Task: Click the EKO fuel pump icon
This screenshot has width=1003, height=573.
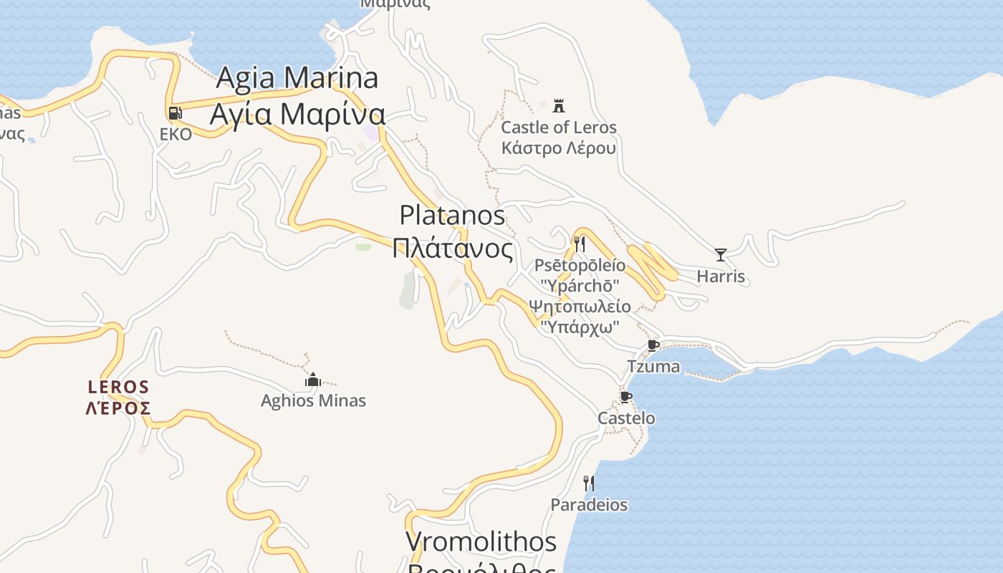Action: point(174,112)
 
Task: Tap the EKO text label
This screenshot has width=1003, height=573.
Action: point(176,134)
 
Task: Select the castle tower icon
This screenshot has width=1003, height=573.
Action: point(559,105)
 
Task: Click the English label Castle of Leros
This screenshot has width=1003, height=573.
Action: point(558,127)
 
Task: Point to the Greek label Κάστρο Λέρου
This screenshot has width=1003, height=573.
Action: point(558,148)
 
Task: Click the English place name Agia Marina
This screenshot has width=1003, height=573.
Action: point(297,77)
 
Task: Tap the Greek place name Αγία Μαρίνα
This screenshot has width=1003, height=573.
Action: point(297,114)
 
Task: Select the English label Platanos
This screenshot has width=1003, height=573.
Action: point(452,215)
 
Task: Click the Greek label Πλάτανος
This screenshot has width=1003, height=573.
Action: point(452,249)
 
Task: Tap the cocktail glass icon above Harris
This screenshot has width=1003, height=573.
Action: point(721,254)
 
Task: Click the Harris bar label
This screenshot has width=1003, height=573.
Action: point(721,276)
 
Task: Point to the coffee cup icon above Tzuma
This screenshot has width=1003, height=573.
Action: point(653,345)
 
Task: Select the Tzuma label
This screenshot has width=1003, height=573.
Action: point(653,367)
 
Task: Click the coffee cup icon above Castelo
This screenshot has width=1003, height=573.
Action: point(625,397)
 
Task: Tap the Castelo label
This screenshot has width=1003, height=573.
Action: point(626,418)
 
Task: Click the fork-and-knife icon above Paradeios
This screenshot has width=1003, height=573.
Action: point(588,483)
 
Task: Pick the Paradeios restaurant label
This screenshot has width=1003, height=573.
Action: point(588,505)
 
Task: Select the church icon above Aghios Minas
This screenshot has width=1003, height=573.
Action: point(312,379)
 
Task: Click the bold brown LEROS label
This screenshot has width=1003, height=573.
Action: point(118,387)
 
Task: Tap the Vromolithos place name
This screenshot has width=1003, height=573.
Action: point(481,541)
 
